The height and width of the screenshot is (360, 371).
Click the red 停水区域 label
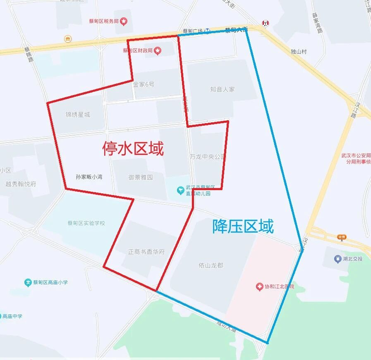[x=133, y=148]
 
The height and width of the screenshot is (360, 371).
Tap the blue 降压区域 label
[x=243, y=226]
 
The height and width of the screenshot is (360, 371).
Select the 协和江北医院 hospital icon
[x=259, y=286]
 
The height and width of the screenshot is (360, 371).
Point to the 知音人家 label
[x=222, y=89]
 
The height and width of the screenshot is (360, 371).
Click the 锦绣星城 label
[x=77, y=114]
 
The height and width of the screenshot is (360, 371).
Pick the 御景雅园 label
[x=140, y=177]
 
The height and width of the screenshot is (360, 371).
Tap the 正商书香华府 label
[x=146, y=251]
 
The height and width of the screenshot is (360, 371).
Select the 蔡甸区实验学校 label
[x=86, y=223]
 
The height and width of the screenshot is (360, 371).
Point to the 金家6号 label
[x=144, y=84]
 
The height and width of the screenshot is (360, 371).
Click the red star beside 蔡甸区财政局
[x=158, y=51]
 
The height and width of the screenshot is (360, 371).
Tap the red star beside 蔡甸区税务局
[x=124, y=21]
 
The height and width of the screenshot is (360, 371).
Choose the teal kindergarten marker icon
[x=181, y=190]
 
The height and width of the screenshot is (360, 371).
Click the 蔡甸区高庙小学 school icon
[x=28, y=283]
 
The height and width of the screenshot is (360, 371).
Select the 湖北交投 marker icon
[x=337, y=259]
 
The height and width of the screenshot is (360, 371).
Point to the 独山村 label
[x=299, y=52]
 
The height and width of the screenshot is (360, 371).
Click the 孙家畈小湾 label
[x=89, y=177]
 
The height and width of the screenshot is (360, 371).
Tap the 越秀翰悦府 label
[x=21, y=184]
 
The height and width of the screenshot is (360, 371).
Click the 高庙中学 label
[x=12, y=316]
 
